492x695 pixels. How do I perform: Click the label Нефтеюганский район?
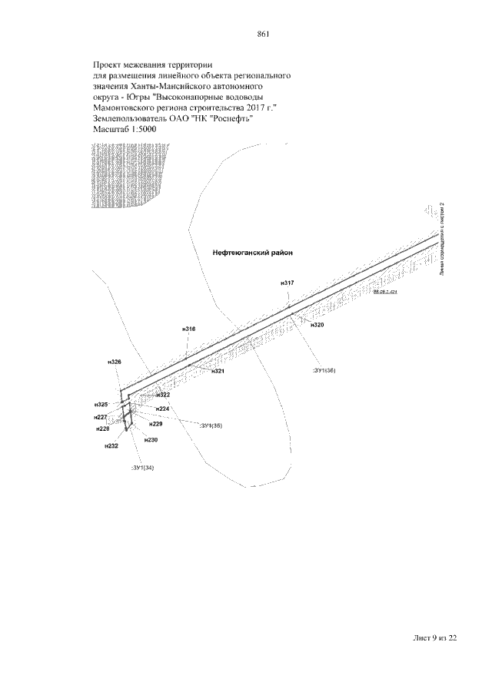[x=253, y=252]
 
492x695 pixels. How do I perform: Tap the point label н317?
[x=288, y=283]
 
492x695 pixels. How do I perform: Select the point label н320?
[x=317, y=325]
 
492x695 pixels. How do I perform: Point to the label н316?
[x=189, y=329]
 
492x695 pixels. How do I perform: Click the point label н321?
[x=218, y=371]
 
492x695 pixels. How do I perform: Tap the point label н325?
[x=101, y=404]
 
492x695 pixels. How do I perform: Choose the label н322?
[x=162, y=395]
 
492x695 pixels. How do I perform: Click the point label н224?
[x=162, y=409]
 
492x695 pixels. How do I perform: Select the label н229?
[x=156, y=424]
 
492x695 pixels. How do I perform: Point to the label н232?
[x=111, y=445]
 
